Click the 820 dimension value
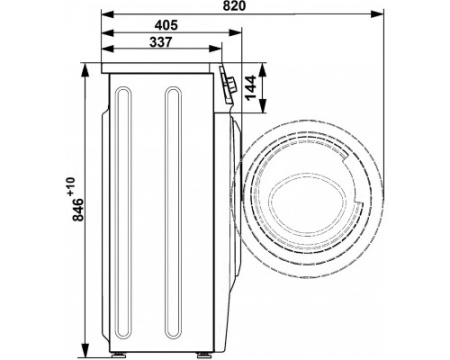click(x=234, y=6)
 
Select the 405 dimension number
click(x=166, y=25)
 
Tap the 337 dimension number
click(x=161, y=42)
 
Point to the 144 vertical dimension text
click(x=250, y=87)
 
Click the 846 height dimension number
click(x=78, y=210)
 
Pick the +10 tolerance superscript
click(x=71, y=187)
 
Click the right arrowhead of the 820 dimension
click(x=377, y=14)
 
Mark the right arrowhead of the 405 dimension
click(x=235, y=33)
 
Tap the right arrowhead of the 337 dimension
click(x=215, y=49)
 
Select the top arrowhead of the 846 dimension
click(x=86, y=70)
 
